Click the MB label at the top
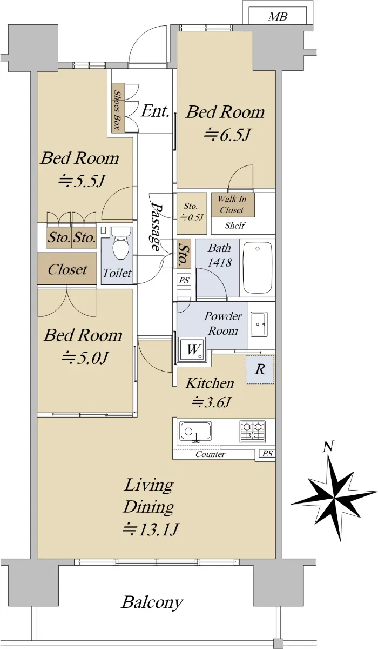(x=278, y=17)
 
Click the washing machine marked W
(x=192, y=350)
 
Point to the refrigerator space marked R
(x=260, y=370)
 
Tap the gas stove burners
(x=253, y=432)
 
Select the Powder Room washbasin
(x=259, y=324)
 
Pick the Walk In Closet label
(x=232, y=204)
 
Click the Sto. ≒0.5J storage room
(x=192, y=213)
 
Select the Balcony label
(x=152, y=602)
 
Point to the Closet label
(x=67, y=269)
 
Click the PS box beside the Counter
(x=267, y=454)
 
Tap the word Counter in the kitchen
(x=210, y=454)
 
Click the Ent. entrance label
(x=155, y=111)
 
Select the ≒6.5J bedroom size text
(x=227, y=135)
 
